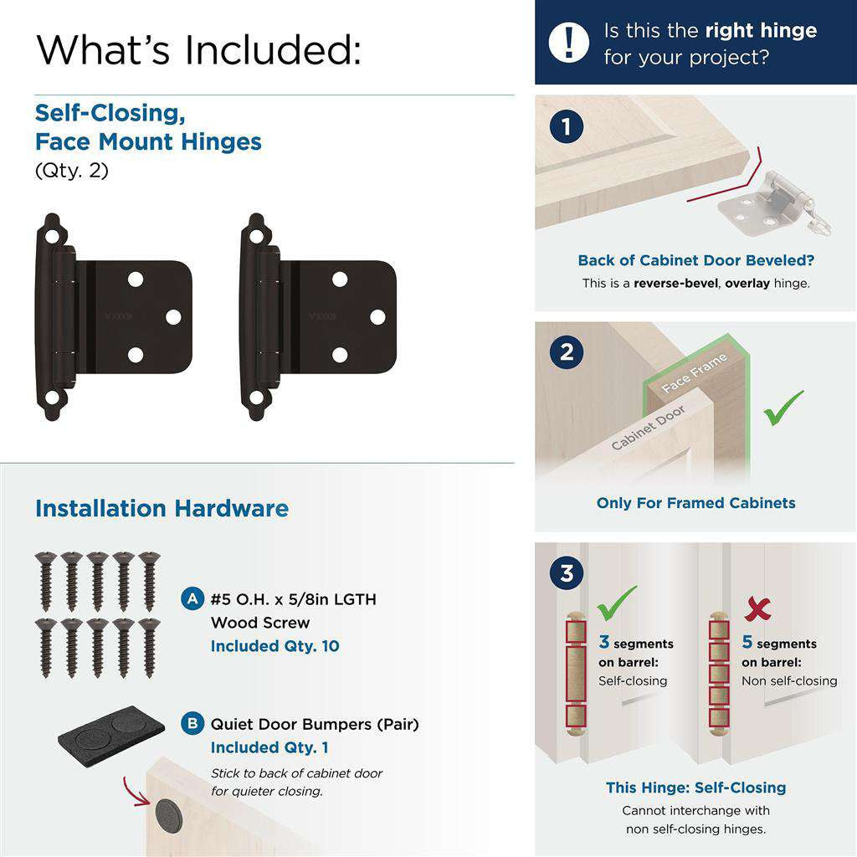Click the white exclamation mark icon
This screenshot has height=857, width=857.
pos(570,42)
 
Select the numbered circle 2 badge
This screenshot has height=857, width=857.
pos(567,352)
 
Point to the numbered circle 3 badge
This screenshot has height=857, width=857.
pos(567,574)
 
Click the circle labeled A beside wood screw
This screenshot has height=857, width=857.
pos(192,599)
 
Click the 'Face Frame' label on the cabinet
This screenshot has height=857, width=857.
pos(694,373)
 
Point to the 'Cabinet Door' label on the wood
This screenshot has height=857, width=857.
pos(649,428)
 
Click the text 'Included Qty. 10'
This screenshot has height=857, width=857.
pos(275,646)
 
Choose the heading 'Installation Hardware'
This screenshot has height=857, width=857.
pos(162,509)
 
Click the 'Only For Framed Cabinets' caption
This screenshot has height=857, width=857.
pos(695,503)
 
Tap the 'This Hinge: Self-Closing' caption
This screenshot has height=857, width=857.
pos(695,788)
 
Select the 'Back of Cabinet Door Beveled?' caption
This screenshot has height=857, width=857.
pos(695,260)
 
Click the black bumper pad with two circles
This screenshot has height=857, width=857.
pos(111,725)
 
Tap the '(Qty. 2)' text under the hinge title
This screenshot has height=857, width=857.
pos(72,171)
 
